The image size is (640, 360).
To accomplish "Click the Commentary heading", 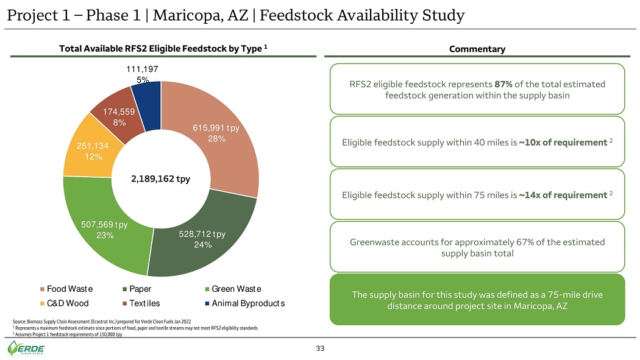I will pyautogui.click(x=477, y=49).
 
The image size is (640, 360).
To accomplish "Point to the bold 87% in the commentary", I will pyautogui.click(x=503, y=84).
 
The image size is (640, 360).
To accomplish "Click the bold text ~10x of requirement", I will pyautogui.click(x=563, y=143).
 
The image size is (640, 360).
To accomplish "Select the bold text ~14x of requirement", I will pyautogui.click(x=563, y=195).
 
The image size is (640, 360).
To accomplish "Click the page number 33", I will pyautogui.click(x=320, y=348).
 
